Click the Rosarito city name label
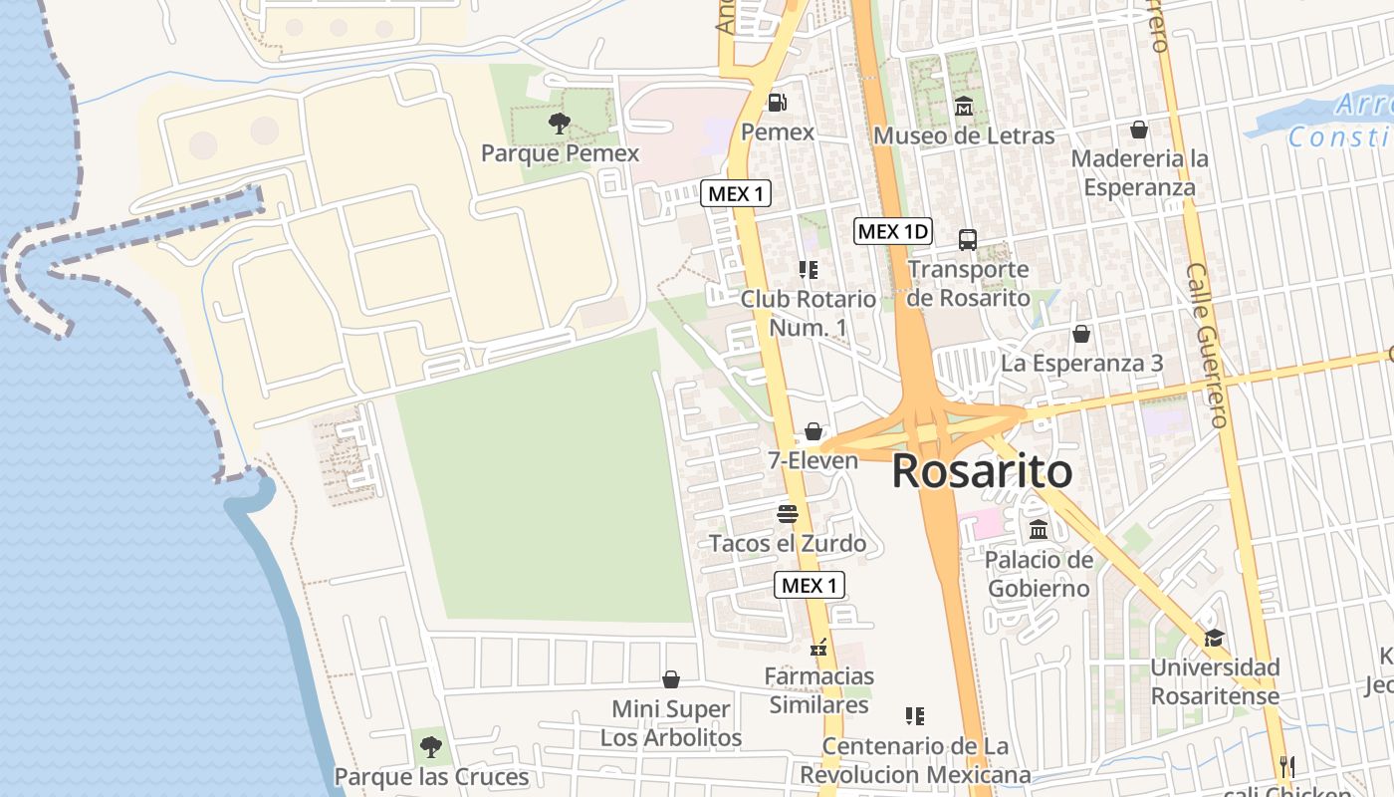pyautogui.click(x=981, y=471)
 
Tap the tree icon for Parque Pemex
pyautogui.click(x=560, y=124)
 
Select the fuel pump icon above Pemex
pyautogui.click(x=777, y=103)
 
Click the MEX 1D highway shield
pyautogui.click(x=893, y=232)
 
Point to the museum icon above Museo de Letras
pyautogui.click(x=964, y=106)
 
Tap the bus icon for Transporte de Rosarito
pyautogui.click(x=967, y=239)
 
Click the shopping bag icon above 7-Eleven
pyautogui.click(x=813, y=431)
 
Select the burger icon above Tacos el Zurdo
pyautogui.click(x=788, y=514)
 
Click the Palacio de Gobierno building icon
pyautogui.click(x=1039, y=529)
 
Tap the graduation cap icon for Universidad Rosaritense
pyautogui.click(x=1213, y=638)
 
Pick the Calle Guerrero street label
pyautogui.click(x=1208, y=346)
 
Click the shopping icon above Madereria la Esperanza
pyautogui.click(x=1139, y=130)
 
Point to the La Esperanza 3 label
pyautogui.click(x=1081, y=364)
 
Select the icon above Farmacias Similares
pyautogui.click(x=819, y=648)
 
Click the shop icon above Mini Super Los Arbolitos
pyautogui.click(x=671, y=679)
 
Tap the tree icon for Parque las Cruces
pyautogui.click(x=430, y=746)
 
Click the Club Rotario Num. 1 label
pyautogui.click(x=808, y=313)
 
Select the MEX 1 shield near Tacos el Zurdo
pyautogui.click(x=810, y=586)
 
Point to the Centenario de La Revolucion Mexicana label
pyautogui.click(x=915, y=760)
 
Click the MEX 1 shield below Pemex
pyautogui.click(x=736, y=193)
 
